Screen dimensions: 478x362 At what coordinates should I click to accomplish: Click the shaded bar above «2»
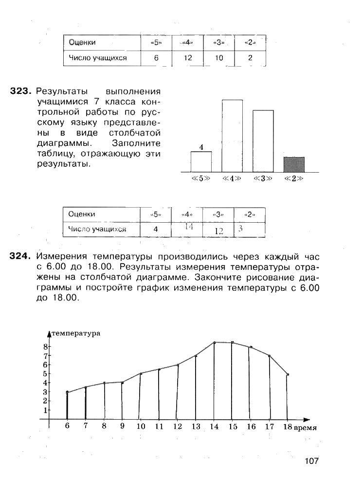point(294,164)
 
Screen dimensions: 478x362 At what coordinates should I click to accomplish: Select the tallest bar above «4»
point(232,136)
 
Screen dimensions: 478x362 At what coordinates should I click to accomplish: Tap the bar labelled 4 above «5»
point(201,161)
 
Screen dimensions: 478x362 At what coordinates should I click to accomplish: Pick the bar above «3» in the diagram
point(263,141)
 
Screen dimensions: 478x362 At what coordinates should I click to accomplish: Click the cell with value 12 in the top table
point(188,58)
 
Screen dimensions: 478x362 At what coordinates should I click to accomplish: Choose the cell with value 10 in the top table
point(218,58)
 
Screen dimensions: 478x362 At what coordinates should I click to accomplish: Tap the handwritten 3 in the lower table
point(240,229)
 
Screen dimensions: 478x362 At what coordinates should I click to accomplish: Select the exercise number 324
point(20,256)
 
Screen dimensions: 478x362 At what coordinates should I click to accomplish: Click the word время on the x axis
point(306,428)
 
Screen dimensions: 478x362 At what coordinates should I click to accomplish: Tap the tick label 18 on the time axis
point(287,427)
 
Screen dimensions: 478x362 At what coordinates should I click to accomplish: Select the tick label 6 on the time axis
point(67,426)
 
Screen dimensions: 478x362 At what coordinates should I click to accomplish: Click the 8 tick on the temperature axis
point(45,347)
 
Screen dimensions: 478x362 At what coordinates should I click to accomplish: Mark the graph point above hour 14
point(214,343)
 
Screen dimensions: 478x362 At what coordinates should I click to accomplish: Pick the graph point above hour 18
point(288,374)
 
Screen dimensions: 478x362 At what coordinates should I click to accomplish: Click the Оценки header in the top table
point(82,42)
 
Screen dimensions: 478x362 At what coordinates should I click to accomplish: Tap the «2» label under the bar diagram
point(293,178)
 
